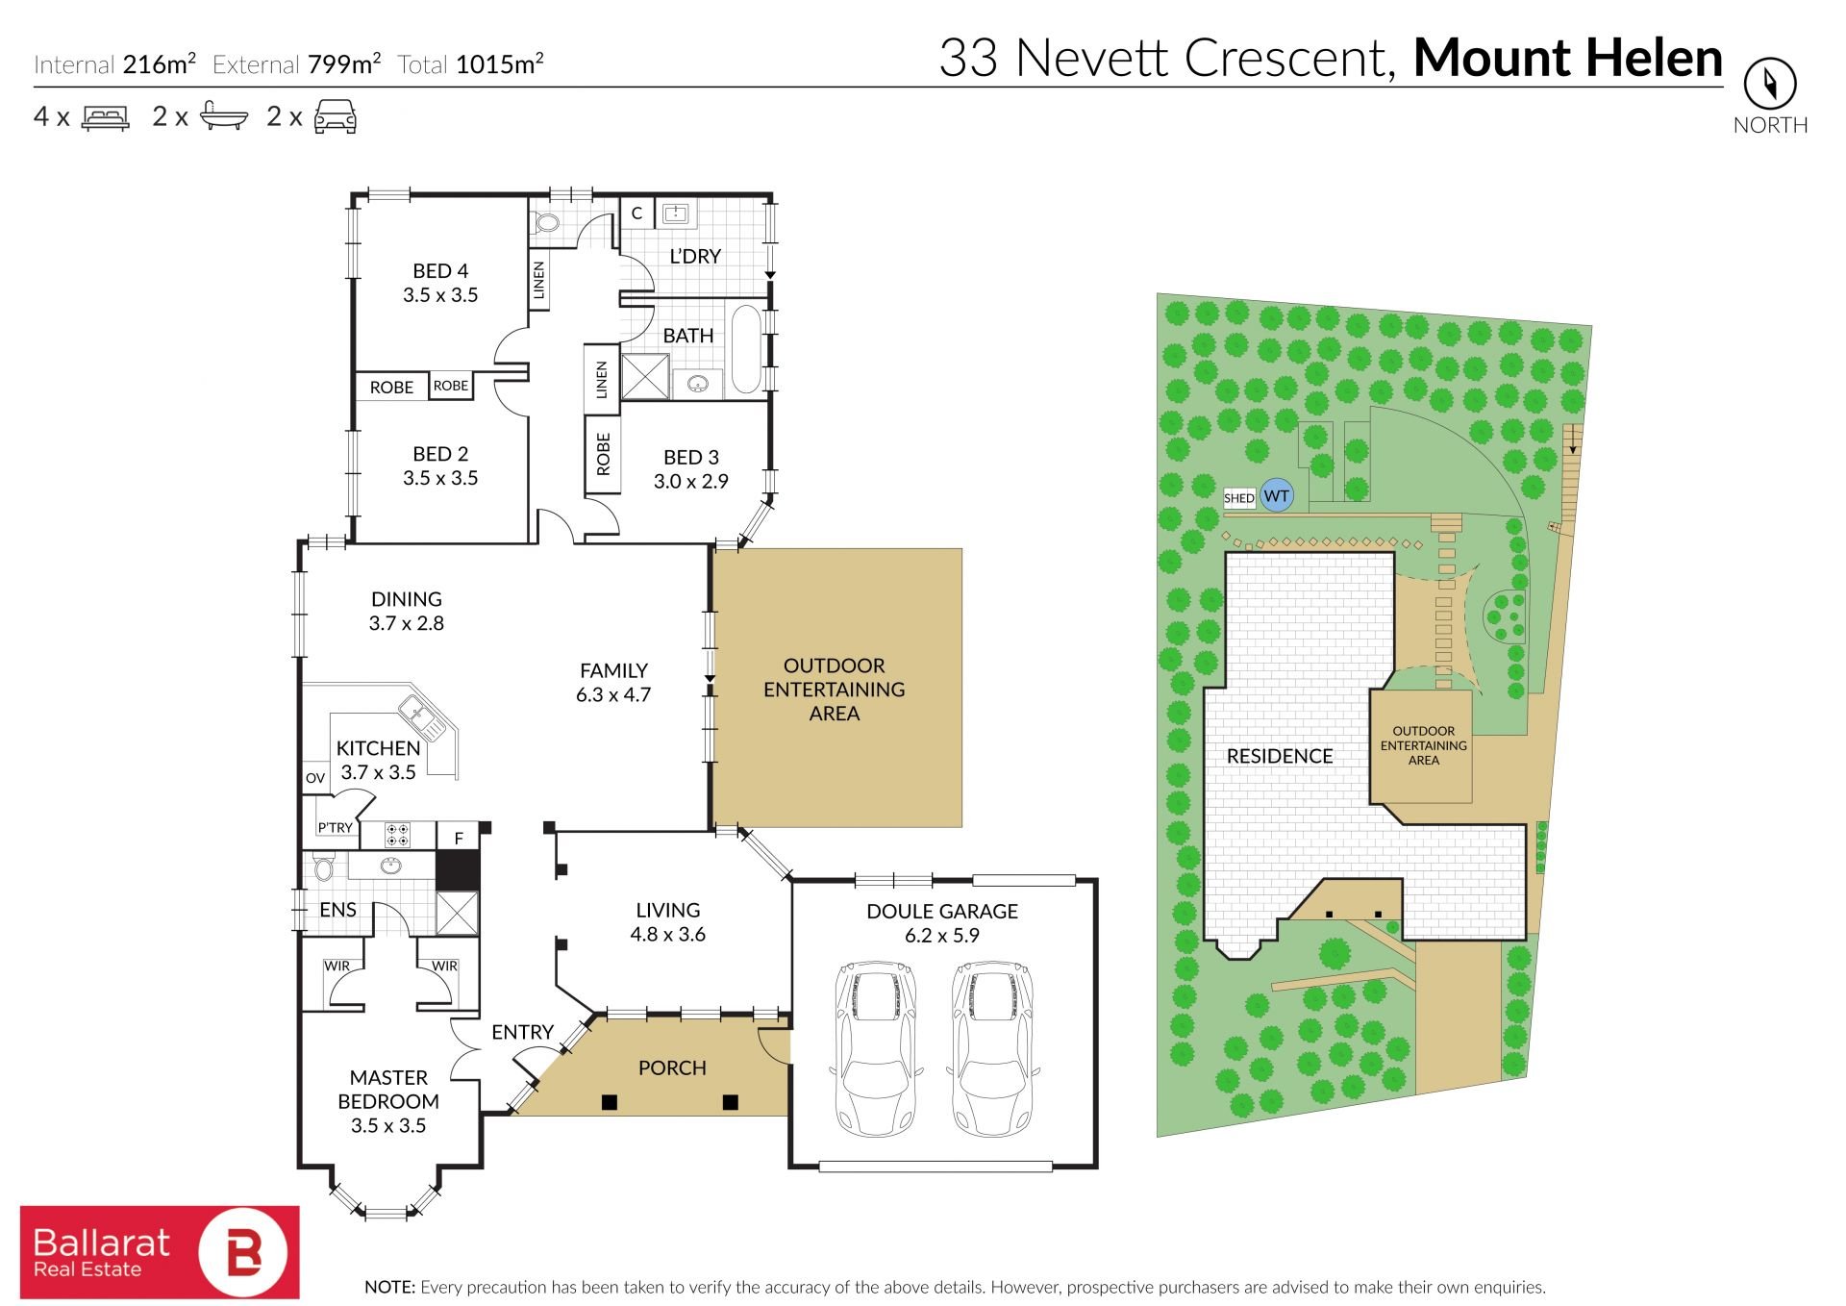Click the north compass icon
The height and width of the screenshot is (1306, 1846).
coord(1770,84)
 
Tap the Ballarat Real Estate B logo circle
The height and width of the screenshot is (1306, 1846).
coord(243,1252)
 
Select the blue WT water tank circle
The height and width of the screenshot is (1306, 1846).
coord(1276,496)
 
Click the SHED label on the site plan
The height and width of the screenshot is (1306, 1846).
coord(1239,498)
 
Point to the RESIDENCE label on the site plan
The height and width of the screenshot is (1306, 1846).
coord(1280,756)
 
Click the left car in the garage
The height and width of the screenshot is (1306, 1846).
coord(875,1048)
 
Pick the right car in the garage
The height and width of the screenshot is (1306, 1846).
coord(992,1048)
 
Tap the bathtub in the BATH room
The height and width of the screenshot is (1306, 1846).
coord(746,349)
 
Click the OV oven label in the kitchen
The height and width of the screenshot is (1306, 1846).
coord(315,778)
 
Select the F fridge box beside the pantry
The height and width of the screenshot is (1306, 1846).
coord(459,837)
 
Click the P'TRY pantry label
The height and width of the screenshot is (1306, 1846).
coord(336,827)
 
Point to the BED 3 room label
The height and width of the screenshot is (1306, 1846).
coord(691,458)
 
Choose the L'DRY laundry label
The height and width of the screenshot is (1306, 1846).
coord(695,257)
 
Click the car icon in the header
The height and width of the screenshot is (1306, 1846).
coord(336,116)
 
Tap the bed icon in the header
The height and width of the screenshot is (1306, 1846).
coord(106,118)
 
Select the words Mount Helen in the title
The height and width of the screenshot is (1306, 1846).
coord(1568,58)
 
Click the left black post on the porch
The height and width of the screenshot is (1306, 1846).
coord(610,1102)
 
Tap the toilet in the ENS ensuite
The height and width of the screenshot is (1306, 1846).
coord(323,868)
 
